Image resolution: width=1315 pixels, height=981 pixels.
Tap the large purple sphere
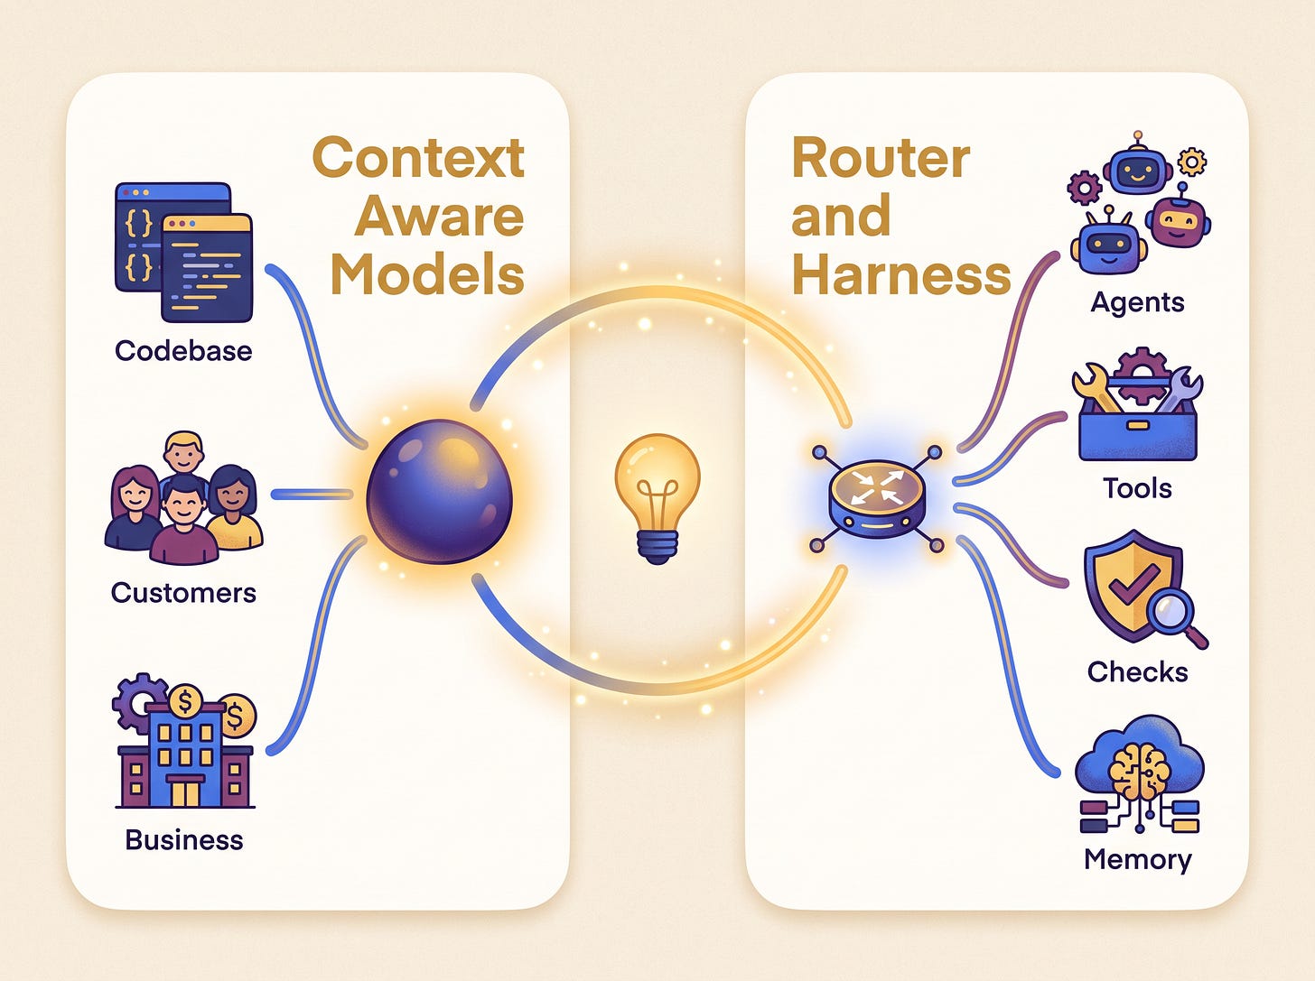[439, 491]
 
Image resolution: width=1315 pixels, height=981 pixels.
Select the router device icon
[878, 499]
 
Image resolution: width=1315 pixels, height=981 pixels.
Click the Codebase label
[183, 351]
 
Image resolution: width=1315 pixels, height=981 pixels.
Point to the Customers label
[183, 593]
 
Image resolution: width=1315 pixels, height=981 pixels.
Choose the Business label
[184, 839]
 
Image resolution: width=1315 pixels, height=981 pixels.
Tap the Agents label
[1137, 303]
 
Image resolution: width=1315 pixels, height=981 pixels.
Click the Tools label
[1137, 488]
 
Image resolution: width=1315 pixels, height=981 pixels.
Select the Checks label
[1137, 671]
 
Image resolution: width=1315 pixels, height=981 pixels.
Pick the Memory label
[1137, 860]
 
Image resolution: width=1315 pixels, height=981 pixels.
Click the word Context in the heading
[418, 157]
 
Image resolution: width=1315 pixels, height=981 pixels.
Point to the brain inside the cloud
[1139, 773]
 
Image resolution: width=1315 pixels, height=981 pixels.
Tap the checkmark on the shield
[1133, 583]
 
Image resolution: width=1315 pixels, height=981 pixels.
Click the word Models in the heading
[427, 273]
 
